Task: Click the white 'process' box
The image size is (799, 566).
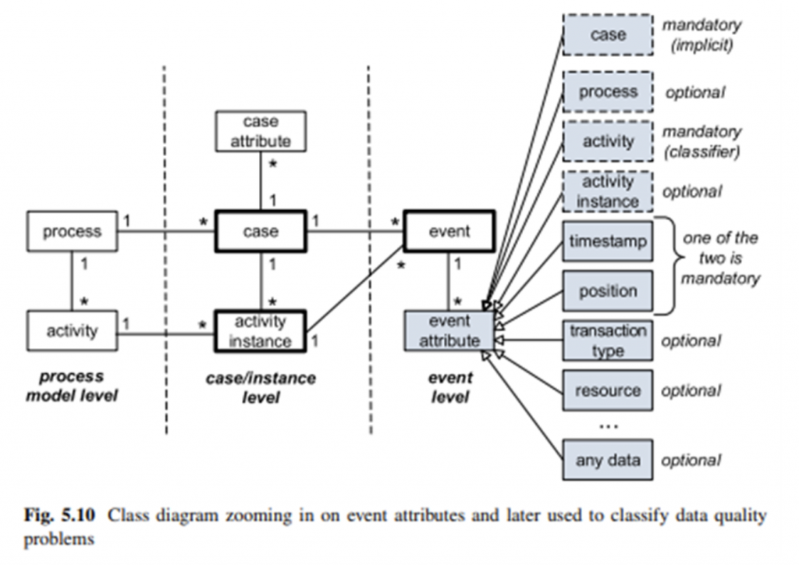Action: [x=73, y=232]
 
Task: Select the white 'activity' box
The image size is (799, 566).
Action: [x=73, y=331]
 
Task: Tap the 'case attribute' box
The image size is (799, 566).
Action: [x=260, y=132]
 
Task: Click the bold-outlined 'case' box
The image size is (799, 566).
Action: [x=260, y=232]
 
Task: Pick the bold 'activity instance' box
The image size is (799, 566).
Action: [x=260, y=331]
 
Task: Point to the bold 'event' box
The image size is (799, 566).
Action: [x=449, y=232]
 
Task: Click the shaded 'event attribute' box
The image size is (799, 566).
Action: [x=449, y=331]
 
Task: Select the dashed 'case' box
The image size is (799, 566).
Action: [x=608, y=35]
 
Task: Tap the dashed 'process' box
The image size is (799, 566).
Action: [x=608, y=92]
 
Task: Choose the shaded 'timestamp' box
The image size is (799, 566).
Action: [x=608, y=242]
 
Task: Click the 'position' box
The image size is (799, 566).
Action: [x=608, y=291]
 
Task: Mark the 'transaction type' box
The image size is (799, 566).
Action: [x=608, y=340]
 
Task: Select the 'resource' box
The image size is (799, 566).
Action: [x=608, y=390]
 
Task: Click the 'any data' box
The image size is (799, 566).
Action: [x=608, y=460]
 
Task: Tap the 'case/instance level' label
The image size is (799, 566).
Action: [x=260, y=388]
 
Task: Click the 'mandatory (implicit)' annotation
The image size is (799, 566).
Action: [x=701, y=35]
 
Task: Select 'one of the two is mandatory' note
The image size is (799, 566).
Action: [x=719, y=258]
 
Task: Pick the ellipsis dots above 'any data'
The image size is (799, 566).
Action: [x=608, y=426]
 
